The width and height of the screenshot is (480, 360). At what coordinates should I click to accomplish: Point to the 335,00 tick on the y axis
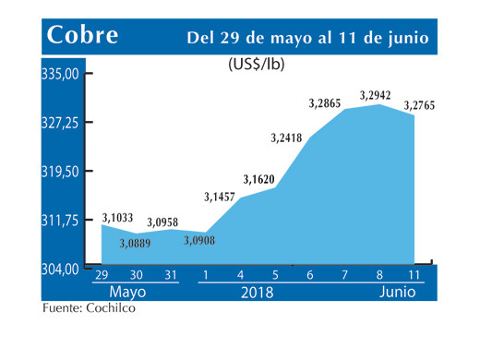[60, 74]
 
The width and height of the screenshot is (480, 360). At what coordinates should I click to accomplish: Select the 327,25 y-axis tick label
[60, 123]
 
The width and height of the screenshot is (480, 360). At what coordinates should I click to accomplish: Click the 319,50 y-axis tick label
[60, 172]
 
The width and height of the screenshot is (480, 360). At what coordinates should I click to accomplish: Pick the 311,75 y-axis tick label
[60, 221]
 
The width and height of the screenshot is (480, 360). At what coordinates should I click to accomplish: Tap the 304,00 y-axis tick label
[60, 270]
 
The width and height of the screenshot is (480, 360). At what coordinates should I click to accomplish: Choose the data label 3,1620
[260, 178]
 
